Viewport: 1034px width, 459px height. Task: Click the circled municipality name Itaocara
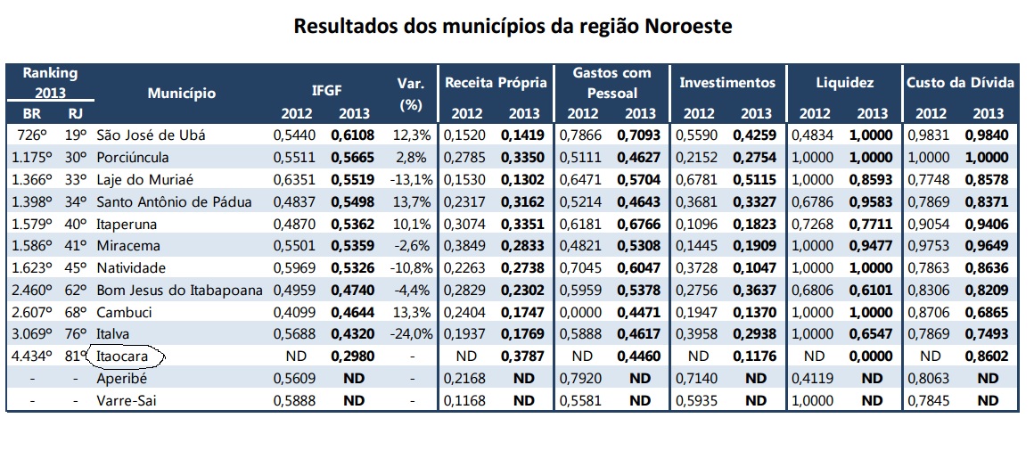pyautogui.click(x=120, y=357)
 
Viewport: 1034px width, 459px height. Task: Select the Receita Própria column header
pyautogui.click(x=496, y=83)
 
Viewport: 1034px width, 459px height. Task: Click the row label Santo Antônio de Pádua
pyautogui.click(x=174, y=201)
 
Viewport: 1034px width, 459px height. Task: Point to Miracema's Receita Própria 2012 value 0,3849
pyautogui.click(x=462, y=246)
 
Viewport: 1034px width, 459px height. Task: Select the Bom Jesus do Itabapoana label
pyautogui.click(x=179, y=291)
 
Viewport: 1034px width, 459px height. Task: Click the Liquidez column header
pyautogui.click(x=845, y=83)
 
